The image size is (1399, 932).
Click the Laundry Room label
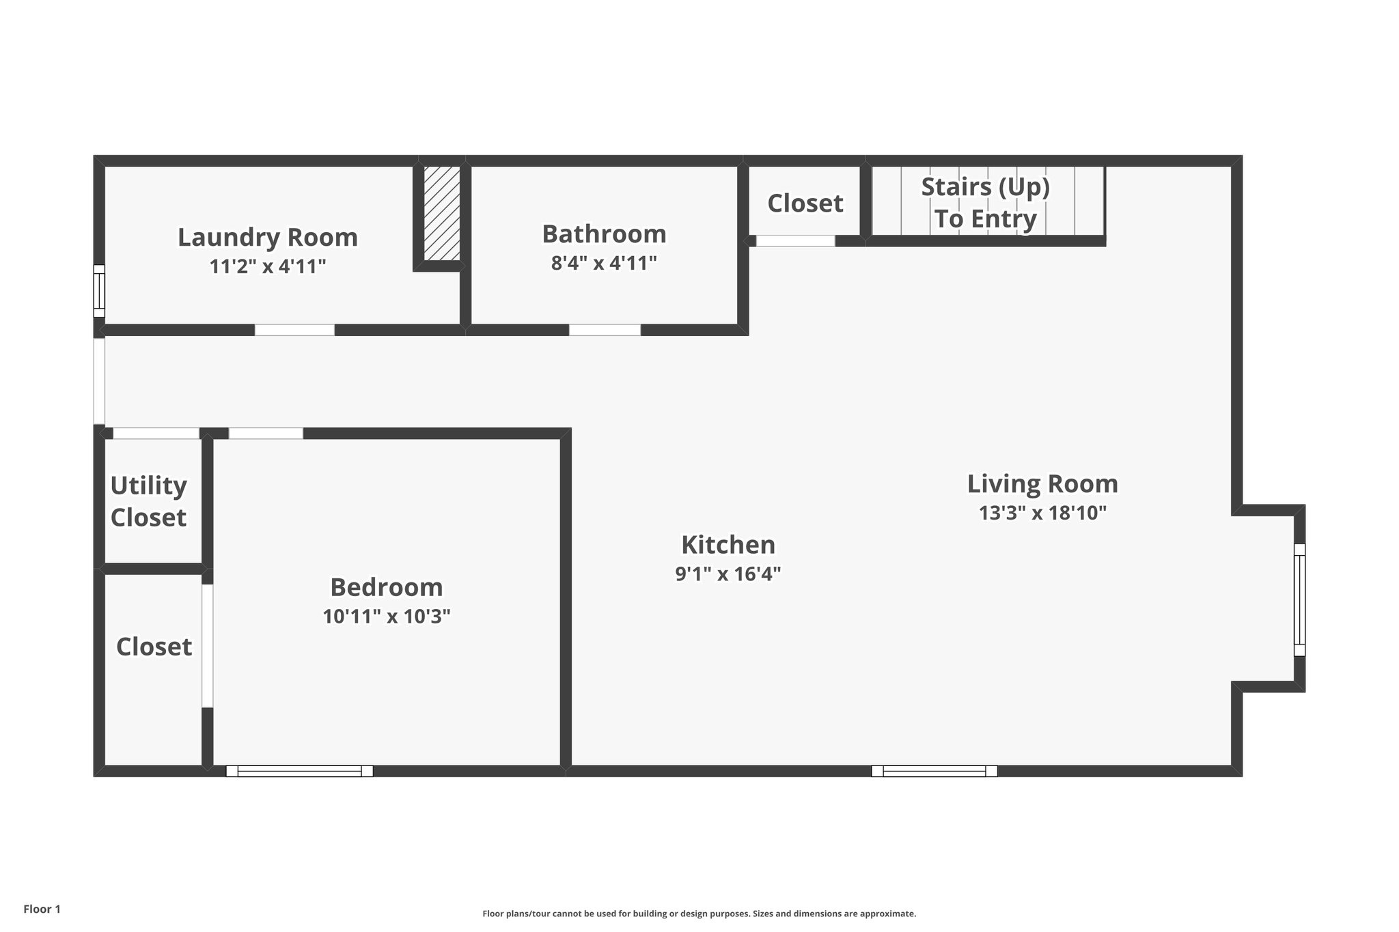(x=268, y=238)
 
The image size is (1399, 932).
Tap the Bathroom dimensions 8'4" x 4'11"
(x=604, y=263)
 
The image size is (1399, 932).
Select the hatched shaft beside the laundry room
(x=442, y=212)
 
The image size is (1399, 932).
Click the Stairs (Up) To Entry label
(x=985, y=203)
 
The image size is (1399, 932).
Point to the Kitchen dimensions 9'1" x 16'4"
(x=728, y=574)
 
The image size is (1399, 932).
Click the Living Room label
(x=1042, y=484)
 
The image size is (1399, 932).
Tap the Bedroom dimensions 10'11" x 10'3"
(x=387, y=617)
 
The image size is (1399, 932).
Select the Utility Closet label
(x=148, y=501)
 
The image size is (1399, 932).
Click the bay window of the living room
(x=1299, y=599)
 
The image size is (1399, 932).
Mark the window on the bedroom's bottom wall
(x=299, y=771)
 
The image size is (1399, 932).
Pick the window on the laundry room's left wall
(x=99, y=291)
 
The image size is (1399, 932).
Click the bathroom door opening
(x=605, y=330)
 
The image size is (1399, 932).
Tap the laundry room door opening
(x=294, y=330)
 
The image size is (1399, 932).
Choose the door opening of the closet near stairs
(x=795, y=241)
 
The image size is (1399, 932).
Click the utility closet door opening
(x=156, y=434)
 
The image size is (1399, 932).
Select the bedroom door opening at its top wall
(x=266, y=434)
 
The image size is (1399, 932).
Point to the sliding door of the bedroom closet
(x=207, y=645)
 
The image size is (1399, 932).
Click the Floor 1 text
(x=42, y=909)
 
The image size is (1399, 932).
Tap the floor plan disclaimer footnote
(x=699, y=914)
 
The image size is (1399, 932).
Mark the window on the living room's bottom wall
(x=934, y=771)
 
